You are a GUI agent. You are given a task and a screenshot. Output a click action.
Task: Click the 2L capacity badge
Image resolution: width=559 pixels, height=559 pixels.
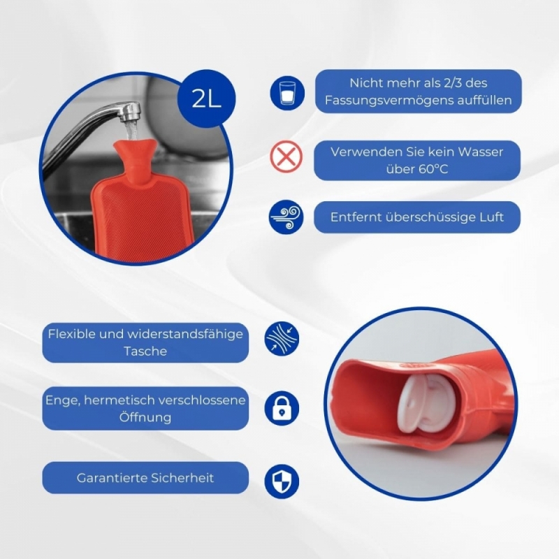point(207,99)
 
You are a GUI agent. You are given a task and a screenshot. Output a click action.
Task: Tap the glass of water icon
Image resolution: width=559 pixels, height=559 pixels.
point(287,93)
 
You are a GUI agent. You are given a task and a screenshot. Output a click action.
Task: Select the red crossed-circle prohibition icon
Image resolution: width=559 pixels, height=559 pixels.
point(286,157)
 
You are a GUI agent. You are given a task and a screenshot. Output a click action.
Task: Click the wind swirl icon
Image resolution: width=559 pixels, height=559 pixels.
point(286,217)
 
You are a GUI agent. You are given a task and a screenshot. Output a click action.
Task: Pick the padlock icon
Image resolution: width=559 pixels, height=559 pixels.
point(282,408)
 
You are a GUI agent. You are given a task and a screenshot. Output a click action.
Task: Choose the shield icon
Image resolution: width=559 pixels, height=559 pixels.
point(282,481)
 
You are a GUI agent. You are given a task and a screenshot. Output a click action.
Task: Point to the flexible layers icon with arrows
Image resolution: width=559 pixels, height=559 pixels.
point(282,339)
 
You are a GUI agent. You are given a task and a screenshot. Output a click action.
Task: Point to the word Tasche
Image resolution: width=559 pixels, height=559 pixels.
point(145,351)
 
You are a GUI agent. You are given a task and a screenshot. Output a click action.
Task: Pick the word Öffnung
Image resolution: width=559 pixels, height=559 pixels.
point(145,417)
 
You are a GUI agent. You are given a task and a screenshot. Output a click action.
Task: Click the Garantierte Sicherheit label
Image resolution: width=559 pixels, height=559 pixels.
point(145,478)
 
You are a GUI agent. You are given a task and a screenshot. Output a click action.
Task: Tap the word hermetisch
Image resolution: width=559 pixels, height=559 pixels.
point(120,400)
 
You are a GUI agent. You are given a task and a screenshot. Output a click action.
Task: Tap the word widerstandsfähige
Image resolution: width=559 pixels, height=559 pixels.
point(185,334)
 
